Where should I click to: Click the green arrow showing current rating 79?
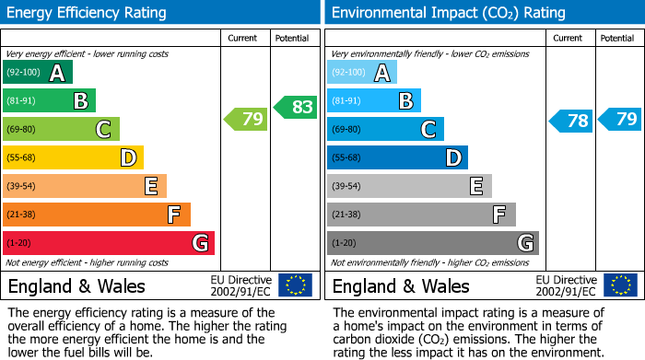coord(246,119)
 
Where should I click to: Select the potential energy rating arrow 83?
coord(296,107)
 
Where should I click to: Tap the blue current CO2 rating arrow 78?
coord(571,121)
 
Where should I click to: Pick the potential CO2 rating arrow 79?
coord(620,119)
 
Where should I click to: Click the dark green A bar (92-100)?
coord(38,73)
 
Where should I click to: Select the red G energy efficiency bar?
coord(109,243)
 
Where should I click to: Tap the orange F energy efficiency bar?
coord(97,215)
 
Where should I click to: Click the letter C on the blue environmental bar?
coord(428,130)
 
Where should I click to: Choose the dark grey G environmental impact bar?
coord(432,243)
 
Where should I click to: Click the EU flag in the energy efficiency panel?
coord(295,285)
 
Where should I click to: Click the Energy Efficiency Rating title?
coord(87,13)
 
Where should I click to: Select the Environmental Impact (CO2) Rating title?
coord(448,13)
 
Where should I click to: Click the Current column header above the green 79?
coord(244,38)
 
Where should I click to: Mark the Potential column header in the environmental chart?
coord(617,38)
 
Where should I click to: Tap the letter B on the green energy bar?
coord(80,101)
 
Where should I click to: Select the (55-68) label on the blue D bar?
coord(347,158)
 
